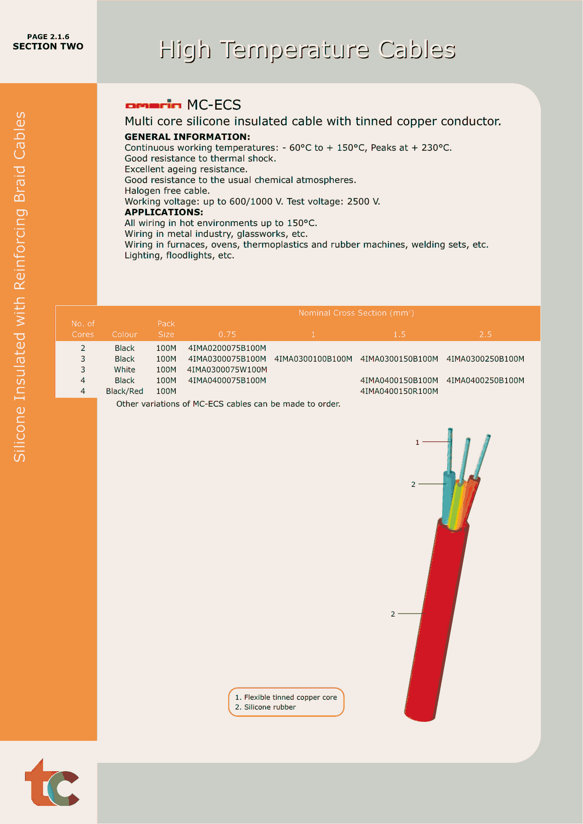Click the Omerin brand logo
click(153, 104)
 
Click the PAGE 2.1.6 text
click(48, 37)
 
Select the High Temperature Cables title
click(307, 49)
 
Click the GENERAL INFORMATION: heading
click(187, 137)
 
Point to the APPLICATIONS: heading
click(163, 212)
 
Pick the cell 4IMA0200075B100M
click(227, 348)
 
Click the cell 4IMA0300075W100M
click(227, 370)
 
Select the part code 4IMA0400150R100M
click(399, 391)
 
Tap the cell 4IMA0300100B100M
click(313, 359)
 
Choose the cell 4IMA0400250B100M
click(485, 381)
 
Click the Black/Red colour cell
click(124, 391)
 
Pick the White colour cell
click(124, 370)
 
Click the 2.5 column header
click(485, 335)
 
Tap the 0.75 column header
click(227, 335)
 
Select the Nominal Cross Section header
click(356, 313)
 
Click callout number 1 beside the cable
click(418, 442)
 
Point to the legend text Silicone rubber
click(270, 707)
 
